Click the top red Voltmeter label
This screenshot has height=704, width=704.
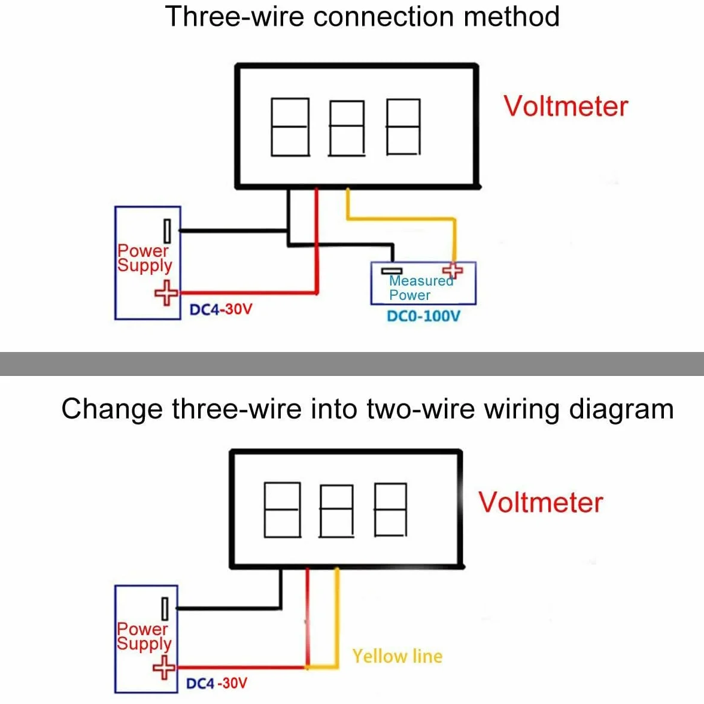pos(566,107)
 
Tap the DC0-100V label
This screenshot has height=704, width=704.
pos(423,316)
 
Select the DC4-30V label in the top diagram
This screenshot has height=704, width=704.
pos(220,309)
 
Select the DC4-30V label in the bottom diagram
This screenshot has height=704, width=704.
pos(217,684)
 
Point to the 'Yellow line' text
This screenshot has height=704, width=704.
pos(397,656)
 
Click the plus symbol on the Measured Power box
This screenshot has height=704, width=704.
pos(453,270)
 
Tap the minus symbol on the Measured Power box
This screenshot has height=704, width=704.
pos(392,271)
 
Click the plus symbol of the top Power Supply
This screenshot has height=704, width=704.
pos(166,293)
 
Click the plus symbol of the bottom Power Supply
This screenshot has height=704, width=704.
pos(164,667)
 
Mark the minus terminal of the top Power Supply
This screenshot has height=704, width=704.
pos(168,231)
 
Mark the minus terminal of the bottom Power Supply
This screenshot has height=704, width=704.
pos(165,608)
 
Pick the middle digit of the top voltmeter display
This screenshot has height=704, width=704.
pos(347,128)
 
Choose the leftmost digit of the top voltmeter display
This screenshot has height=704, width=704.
pos(290,127)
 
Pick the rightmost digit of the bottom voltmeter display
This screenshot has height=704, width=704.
pos(390,509)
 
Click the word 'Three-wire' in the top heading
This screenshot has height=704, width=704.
pos(235,17)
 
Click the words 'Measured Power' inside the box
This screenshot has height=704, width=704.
pos(421,288)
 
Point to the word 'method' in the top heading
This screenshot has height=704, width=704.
pos(511,17)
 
